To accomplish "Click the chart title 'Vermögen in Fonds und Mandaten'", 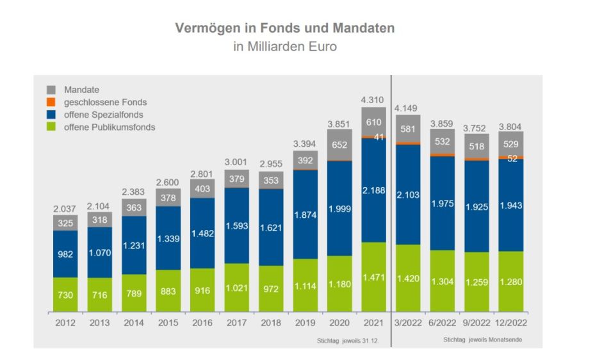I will (285, 29).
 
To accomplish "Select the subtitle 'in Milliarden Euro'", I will (285, 47).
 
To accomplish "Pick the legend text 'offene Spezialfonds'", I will (103, 115).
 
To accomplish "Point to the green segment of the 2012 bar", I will (65, 295).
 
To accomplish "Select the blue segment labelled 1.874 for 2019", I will (305, 215).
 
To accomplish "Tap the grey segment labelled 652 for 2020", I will (339, 145).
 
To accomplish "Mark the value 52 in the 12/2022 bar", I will (512, 159).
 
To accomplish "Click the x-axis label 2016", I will (202, 323).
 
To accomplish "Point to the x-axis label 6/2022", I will (442, 323).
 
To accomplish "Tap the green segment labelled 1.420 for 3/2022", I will (408, 279).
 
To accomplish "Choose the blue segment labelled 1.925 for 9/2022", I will (476, 206).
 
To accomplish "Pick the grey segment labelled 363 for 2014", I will (134, 207).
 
